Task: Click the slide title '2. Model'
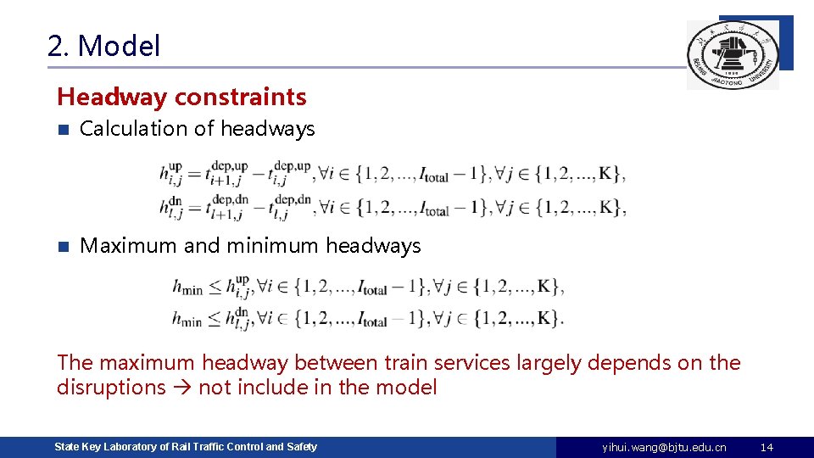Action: (103, 46)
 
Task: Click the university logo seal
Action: (732, 55)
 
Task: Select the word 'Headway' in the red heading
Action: (112, 98)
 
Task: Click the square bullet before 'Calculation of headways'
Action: (62, 130)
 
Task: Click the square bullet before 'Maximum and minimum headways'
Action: (62, 247)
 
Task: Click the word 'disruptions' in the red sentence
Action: (111, 388)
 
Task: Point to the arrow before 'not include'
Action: (182, 388)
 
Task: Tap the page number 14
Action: (767, 447)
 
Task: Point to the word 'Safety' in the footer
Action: (301, 446)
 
